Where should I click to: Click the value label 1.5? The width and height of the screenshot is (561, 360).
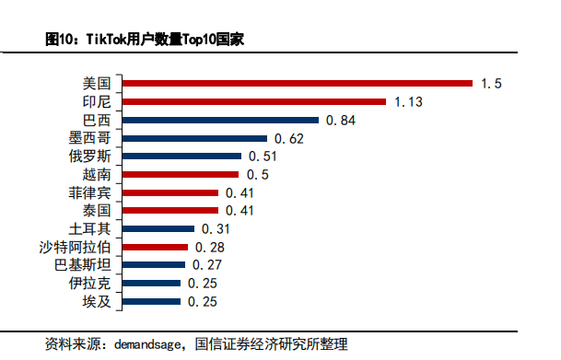tap(490, 84)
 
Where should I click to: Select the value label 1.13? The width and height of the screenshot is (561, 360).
tap(408, 102)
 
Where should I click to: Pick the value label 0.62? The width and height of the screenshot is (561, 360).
tap(288, 139)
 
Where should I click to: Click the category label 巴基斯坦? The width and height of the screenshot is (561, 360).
tap(85, 265)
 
